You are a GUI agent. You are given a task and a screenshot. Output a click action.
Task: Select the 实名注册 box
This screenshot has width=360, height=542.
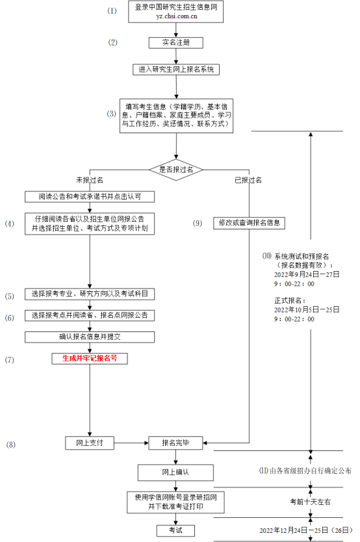tap(175, 43)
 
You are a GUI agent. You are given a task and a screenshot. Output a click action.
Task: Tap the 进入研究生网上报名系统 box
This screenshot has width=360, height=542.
tap(176, 69)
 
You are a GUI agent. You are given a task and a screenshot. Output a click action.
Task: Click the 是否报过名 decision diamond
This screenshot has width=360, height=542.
tap(175, 169)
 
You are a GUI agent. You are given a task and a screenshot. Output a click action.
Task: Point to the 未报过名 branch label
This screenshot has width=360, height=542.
tap(90, 179)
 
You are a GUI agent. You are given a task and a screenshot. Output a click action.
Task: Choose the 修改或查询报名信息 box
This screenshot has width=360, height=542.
tap(249, 223)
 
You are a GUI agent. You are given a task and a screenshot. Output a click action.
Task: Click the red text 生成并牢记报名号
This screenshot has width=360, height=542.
tap(90, 357)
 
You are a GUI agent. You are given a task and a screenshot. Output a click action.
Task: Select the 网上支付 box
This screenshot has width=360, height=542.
tap(90, 443)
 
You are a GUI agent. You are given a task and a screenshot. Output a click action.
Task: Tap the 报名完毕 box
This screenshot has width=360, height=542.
tap(175, 443)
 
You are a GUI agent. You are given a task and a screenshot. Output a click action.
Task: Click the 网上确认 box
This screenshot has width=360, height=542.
tap(175, 472)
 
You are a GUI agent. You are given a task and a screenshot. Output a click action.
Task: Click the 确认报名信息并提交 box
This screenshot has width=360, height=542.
tap(90, 337)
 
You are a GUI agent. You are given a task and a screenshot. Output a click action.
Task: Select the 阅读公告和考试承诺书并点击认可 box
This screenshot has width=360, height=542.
tap(90, 196)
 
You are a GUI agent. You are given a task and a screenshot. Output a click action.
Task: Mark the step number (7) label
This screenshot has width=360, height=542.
tap(10, 359)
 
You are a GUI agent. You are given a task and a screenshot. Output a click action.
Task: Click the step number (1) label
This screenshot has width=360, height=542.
tap(112, 11)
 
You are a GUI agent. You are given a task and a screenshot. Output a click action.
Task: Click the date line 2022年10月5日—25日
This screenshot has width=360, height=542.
tap(307, 310)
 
